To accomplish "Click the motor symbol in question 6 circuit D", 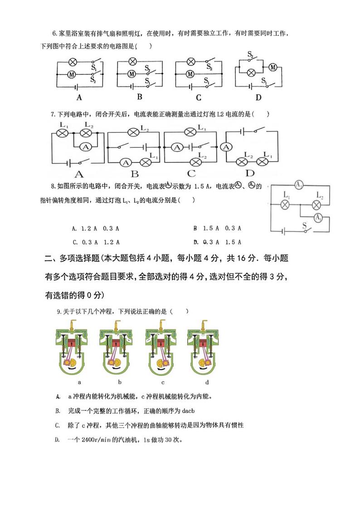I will click(272, 67).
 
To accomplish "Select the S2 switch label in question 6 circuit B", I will click(148, 68).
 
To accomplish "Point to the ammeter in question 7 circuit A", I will click(84, 146).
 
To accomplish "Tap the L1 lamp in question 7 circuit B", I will click(146, 162).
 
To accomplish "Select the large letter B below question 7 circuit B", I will click(134, 173).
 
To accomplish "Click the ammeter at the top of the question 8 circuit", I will click(298, 185).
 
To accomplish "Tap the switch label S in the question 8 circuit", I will click(304, 225).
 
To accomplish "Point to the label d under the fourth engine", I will click(207, 382).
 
